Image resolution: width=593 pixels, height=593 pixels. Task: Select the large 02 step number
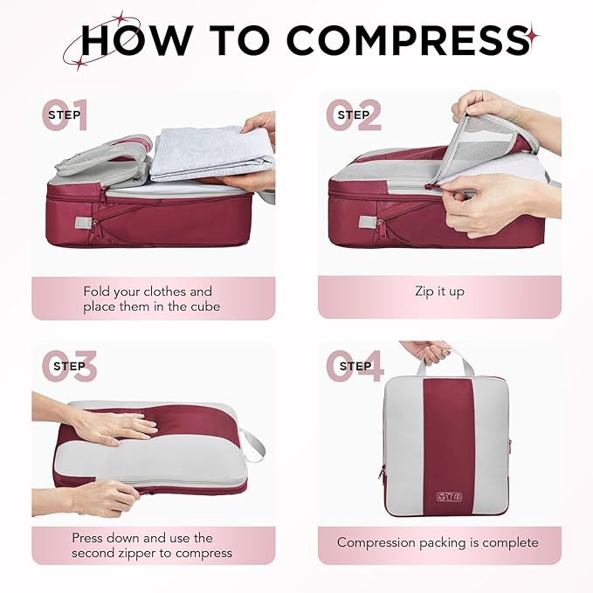click(354, 115)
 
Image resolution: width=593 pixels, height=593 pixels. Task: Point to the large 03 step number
click(69, 366)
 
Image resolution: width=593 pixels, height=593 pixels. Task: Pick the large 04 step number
click(355, 366)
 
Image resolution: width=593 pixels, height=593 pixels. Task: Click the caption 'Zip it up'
click(439, 292)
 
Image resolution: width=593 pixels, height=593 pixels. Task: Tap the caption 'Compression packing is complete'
click(438, 542)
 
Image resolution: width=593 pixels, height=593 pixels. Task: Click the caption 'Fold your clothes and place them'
click(148, 299)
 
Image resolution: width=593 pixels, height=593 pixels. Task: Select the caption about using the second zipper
click(152, 545)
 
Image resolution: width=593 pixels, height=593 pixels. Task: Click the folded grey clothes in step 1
click(210, 150)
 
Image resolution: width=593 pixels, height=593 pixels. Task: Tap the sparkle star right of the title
click(532, 38)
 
